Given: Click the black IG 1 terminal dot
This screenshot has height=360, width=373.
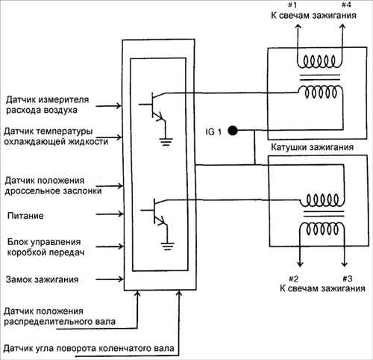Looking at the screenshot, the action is point(233,130).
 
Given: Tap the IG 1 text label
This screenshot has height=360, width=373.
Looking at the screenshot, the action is point(213,131).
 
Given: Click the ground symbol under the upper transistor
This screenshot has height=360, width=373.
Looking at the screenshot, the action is point(166,142).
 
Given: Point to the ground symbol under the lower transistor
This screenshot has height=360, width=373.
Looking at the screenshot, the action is point(167,246).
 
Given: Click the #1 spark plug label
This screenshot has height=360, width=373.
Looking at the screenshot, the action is point(292,4).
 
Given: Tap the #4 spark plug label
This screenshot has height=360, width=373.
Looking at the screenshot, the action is point(346,4).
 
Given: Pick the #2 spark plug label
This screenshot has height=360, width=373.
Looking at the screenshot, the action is point(293,279).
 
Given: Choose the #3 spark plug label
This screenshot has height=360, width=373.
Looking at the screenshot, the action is point(348,279).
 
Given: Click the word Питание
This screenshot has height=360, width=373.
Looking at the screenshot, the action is point(25,216).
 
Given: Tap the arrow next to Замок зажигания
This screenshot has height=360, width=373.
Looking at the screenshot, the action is point(110,279).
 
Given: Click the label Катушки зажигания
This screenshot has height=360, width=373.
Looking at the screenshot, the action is point(312,147).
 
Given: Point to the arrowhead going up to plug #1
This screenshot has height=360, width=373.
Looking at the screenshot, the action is point(298,27).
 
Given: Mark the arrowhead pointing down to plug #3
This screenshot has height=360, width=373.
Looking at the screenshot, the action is point(345,264).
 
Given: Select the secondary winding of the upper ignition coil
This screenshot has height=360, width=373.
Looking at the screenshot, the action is point(320,61).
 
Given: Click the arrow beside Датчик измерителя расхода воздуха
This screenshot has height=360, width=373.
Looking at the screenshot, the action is point(108,106).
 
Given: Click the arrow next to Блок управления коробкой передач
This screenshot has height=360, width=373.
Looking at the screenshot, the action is point(110,246).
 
